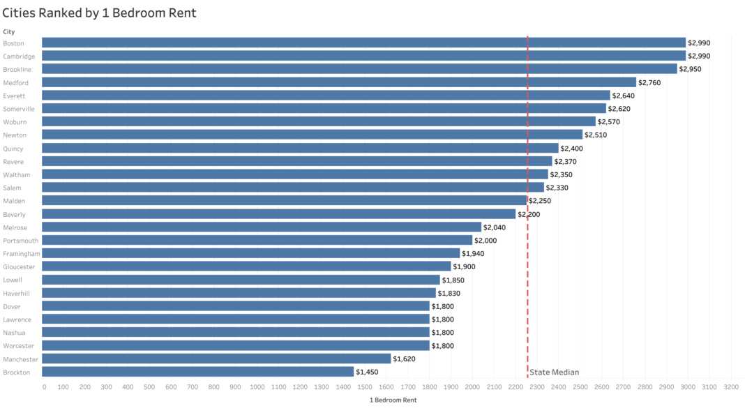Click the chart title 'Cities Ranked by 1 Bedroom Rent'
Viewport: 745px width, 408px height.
[x=99, y=13]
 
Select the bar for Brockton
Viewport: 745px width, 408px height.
[x=197, y=372]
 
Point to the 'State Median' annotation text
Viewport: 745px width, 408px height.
[x=555, y=372]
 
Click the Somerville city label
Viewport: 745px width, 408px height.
[x=19, y=109]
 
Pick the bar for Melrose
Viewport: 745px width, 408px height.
[x=262, y=227]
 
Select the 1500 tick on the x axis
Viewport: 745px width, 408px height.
[x=364, y=386]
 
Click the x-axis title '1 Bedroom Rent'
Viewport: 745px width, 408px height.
[x=393, y=400]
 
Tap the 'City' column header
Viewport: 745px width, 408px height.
[x=9, y=31]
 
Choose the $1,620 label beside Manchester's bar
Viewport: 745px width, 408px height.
[x=405, y=358]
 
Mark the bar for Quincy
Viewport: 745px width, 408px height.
[x=300, y=149]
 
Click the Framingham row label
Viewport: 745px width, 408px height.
[x=22, y=254]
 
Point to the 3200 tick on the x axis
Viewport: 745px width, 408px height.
[x=730, y=386]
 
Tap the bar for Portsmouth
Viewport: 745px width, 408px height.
[x=257, y=241]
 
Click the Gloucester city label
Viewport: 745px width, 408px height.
[x=20, y=266]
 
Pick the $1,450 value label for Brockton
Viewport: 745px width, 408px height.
[x=367, y=372]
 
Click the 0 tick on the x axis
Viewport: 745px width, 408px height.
[x=44, y=386]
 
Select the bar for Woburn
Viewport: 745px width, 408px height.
[x=318, y=122]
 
